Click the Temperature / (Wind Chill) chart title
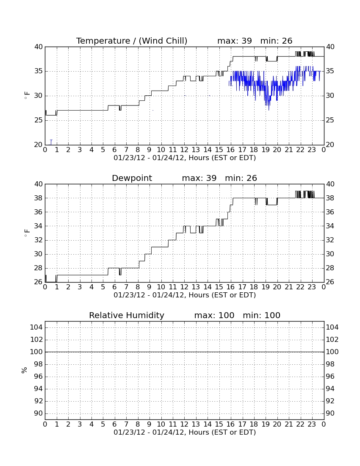tap(132, 41)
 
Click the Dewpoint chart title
tap(132, 178)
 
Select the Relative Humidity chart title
tap(127, 315)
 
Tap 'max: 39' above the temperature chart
tap(235, 41)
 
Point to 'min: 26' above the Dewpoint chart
tap(241, 178)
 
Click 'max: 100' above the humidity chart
tap(214, 315)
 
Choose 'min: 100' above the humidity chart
tap(262, 315)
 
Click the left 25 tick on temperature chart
tap(39, 120)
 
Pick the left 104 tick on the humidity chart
tap(36, 327)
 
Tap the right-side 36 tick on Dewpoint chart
tap(330, 212)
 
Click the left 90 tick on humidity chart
tap(39, 413)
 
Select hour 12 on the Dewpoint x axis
tap(184, 287)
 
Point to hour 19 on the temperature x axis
tap(265, 150)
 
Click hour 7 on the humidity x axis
tap(126, 424)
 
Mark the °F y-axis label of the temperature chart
tap(27, 96)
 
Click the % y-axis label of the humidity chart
tap(25, 370)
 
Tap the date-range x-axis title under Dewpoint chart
tap(185, 295)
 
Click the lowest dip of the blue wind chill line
tap(269, 110)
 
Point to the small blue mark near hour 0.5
tap(51, 142)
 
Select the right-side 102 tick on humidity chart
tap(332, 339)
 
